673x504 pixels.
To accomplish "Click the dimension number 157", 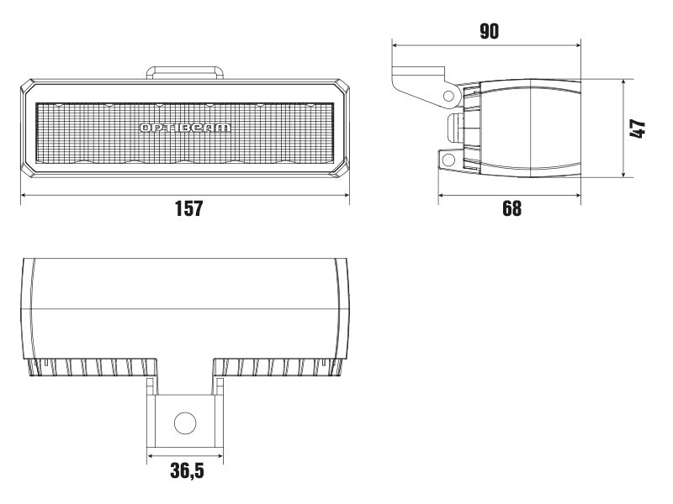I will click(x=188, y=208).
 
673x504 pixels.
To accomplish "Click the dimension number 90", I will click(x=489, y=32).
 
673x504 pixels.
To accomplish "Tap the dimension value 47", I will click(x=638, y=129).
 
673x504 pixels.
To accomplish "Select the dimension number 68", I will click(x=511, y=208).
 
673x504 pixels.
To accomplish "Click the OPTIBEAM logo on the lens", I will click(x=185, y=128).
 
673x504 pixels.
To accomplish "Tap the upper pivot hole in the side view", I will click(x=450, y=96).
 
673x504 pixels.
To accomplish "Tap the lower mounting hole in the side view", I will click(x=448, y=159).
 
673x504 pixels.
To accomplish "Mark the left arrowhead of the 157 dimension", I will click(x=23, y=195).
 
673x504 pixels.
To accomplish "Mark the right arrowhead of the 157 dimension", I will click(x=347, y=195).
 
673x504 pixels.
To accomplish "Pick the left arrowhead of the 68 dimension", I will click(x=442, y=195).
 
